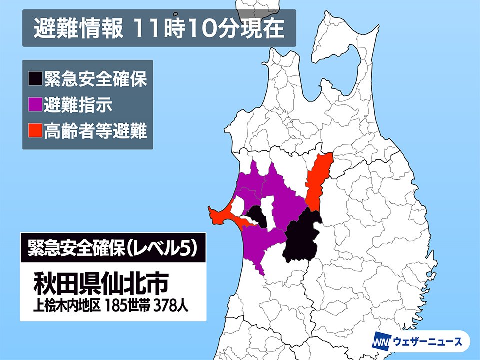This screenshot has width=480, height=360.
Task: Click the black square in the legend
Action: click(35, 78)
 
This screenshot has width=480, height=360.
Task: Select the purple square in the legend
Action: click(35, 105)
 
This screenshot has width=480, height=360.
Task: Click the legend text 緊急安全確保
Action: click(95, 79)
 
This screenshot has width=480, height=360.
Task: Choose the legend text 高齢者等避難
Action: click(95, 132)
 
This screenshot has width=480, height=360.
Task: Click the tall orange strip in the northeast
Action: click(318, 180)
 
